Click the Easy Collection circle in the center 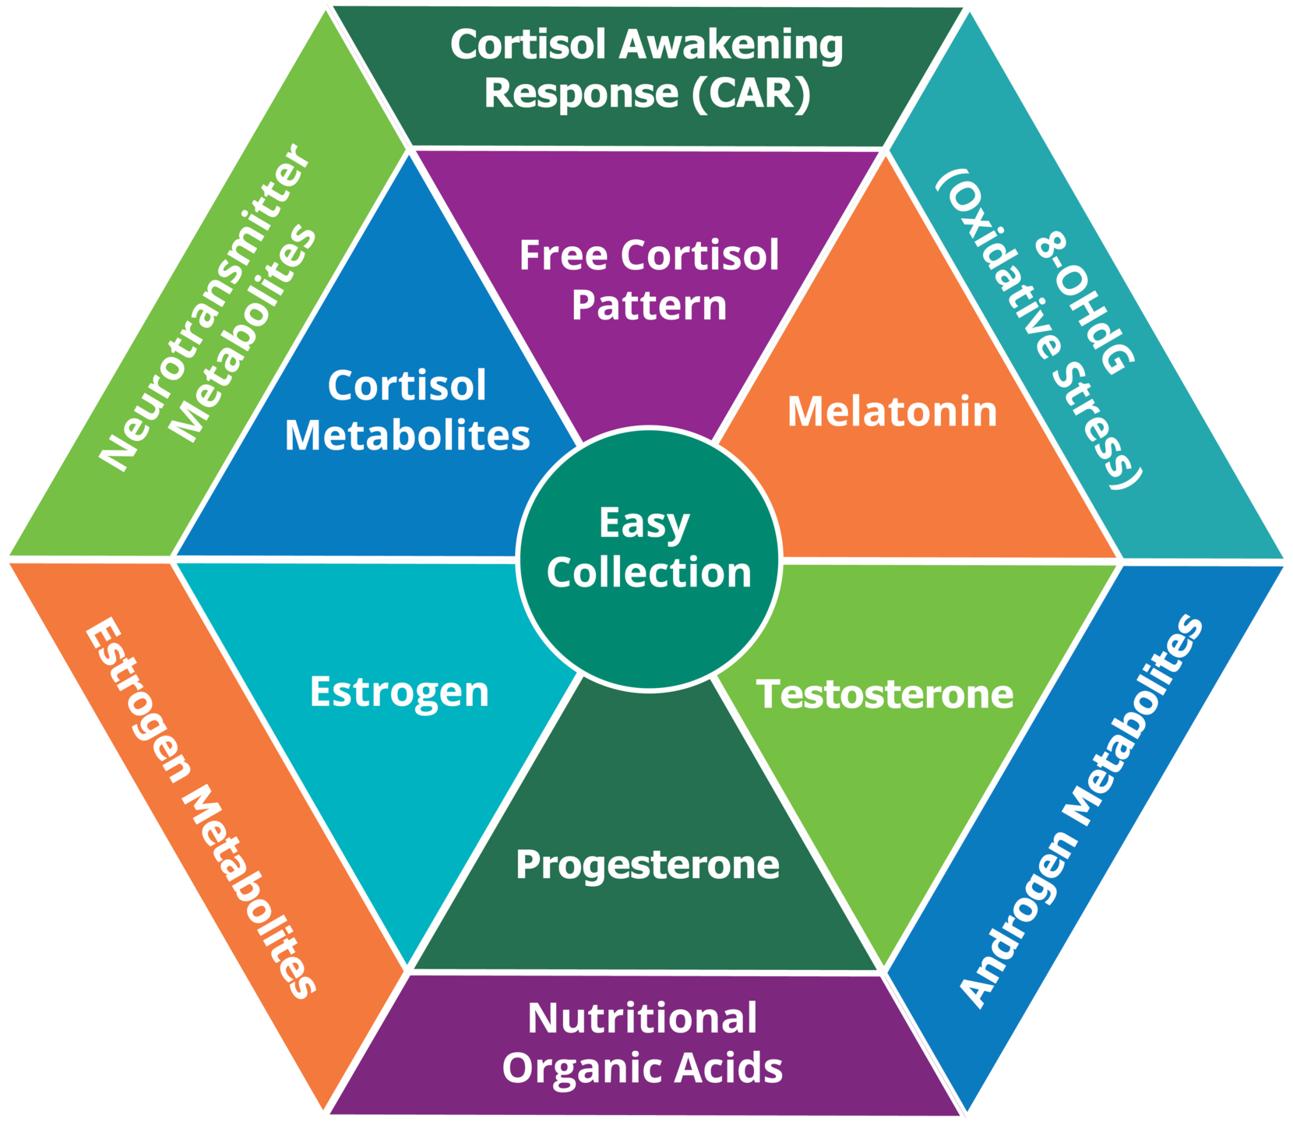tap(648, 557)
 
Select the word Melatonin tap(892, 411)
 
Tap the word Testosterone tap(885, 693)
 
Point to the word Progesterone tap(647, 865)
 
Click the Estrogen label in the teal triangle tap(399, 692)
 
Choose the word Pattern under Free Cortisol tap(649, 305)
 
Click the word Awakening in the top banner tap(731, 45)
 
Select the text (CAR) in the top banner tap(751, 93)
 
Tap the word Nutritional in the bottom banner tap(642, 1018)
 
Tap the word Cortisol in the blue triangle tap(407, 386)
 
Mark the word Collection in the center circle tap(648, 573)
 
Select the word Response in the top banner tap(581, 93)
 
